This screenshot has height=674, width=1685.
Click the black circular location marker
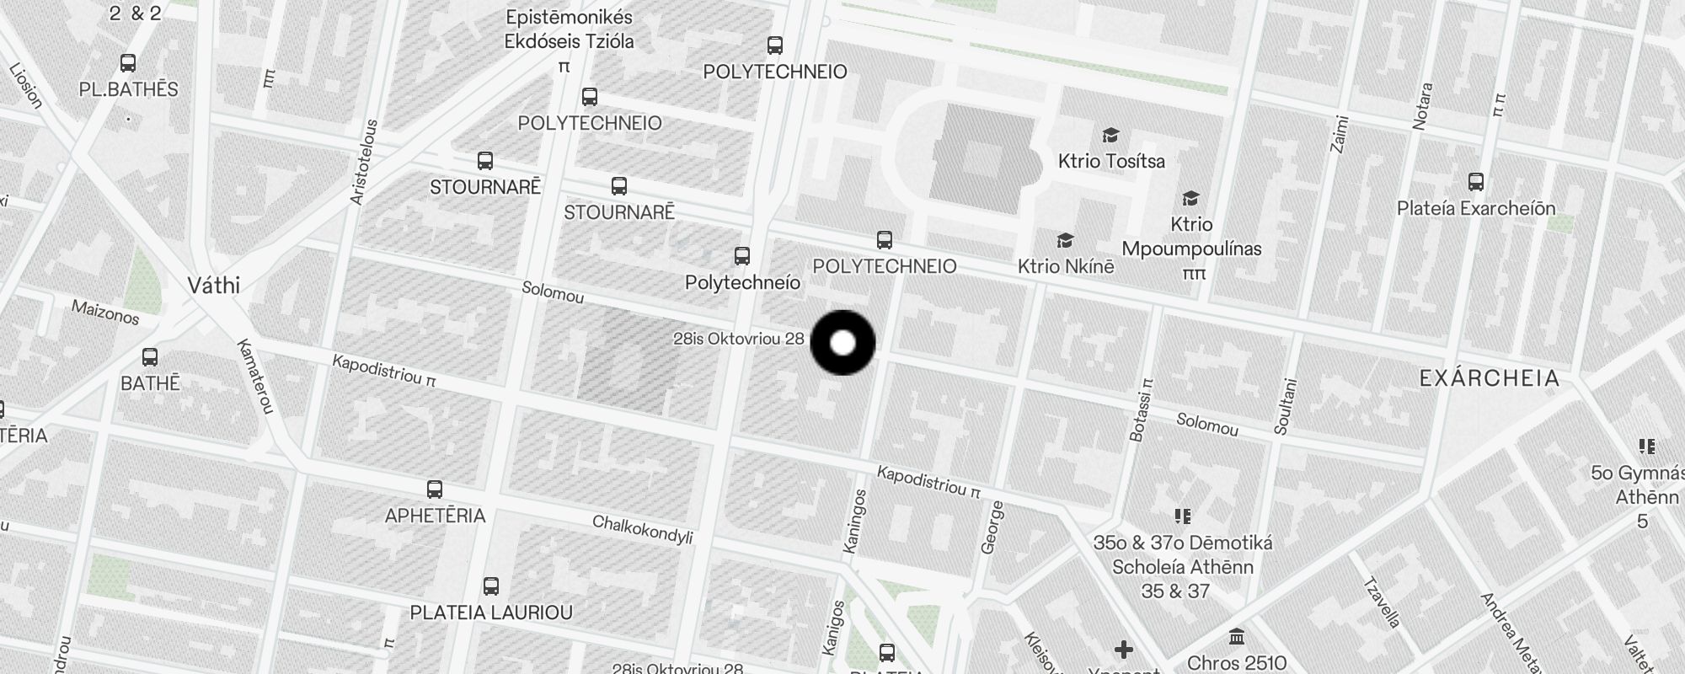[x=842, y=343]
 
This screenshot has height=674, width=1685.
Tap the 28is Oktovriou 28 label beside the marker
[x=738, y=339]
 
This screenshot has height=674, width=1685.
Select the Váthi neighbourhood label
[x=213, y=286]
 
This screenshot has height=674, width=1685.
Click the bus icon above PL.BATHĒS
[x=128, y=63]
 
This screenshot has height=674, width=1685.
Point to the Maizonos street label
[x=105, y=312]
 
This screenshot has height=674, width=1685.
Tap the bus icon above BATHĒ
[x=150, y=357]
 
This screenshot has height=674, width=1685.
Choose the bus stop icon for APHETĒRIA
[x=435, y=489]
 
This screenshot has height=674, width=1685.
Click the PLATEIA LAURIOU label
[x=491, y=612]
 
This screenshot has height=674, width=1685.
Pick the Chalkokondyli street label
[x=642, y=529]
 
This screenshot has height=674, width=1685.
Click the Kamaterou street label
[x=255, y=377]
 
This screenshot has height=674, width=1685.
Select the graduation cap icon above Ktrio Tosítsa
[x=1110, y=136]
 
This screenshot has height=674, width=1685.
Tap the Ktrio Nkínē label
[x=1066, y=266]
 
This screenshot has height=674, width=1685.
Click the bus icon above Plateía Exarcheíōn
[x=1475, y=182]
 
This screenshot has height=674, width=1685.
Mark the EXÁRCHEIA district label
[x=1490, y=378]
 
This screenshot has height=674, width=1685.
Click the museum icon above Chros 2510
[x=1236, y=636]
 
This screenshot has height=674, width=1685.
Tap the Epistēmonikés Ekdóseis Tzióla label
[x=569, y=29]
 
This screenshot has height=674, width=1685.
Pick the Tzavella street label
[x=1382, y=602]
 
